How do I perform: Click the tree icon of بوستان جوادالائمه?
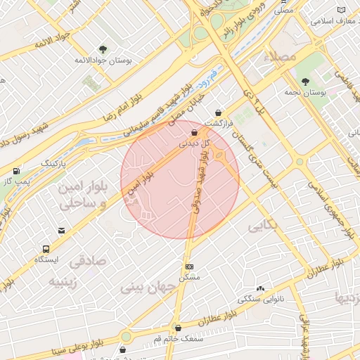pos(103,49)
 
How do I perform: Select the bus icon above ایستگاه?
pos(46,249)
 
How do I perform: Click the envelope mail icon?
pos(62,231)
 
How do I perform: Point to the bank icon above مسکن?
pos(189,267)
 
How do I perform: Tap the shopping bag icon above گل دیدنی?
pos(194,132)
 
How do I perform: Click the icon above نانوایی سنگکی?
pos(261,288)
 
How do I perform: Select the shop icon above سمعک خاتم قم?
pos(178,328)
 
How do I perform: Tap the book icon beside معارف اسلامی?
pos(342,10)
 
